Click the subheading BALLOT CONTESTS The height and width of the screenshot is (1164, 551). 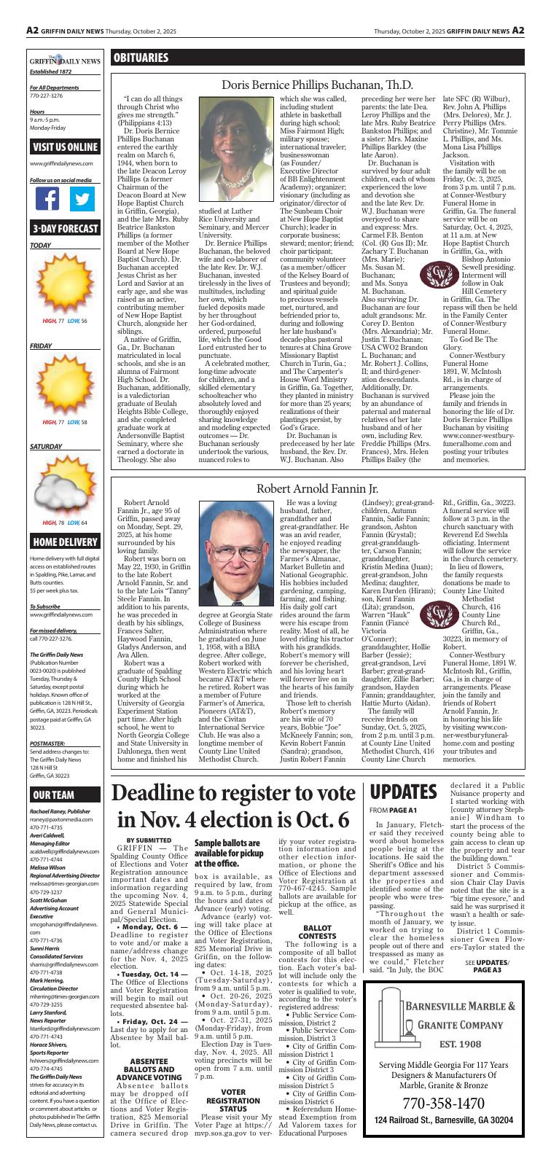[318, 930]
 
